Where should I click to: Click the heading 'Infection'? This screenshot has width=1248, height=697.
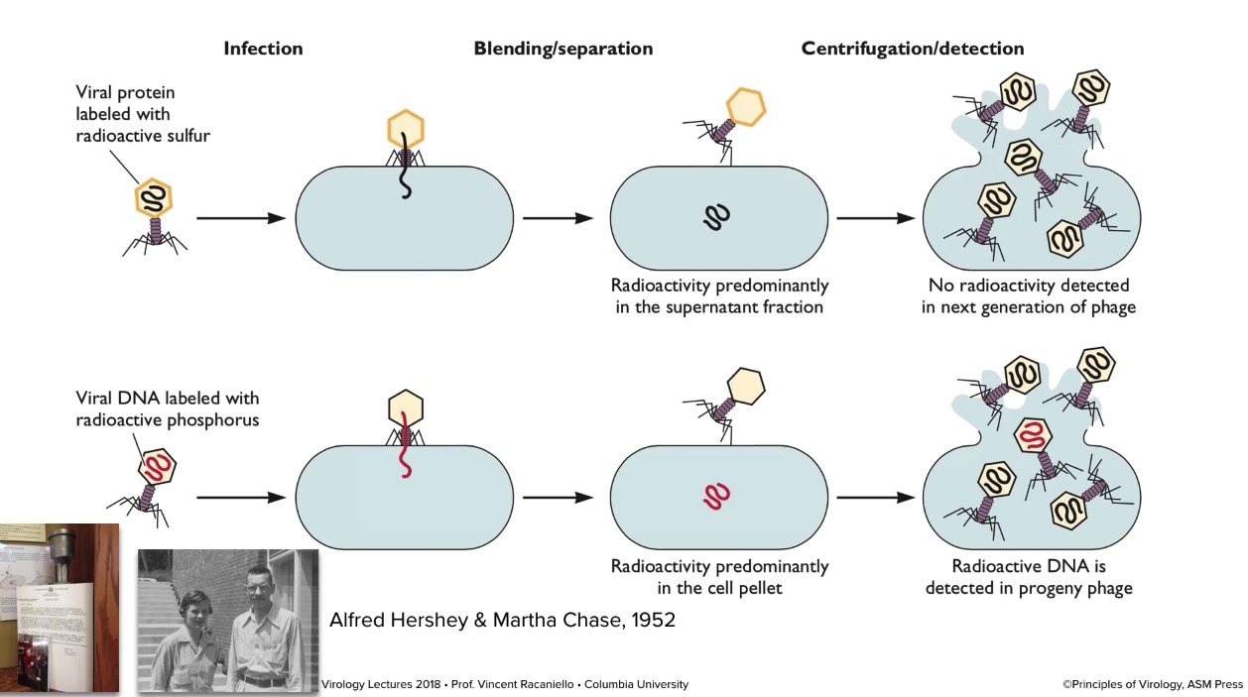click(263, 49)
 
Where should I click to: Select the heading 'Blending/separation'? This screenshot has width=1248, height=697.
click(562, 49)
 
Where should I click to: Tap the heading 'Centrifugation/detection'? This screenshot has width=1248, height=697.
click(912, 49)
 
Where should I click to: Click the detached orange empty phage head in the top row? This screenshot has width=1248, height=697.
click(746, 107)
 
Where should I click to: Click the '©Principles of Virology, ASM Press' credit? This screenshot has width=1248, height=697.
click(1151, 684)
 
